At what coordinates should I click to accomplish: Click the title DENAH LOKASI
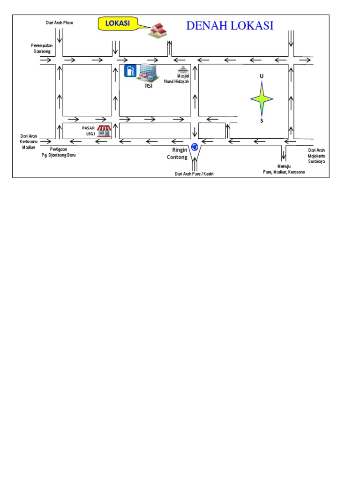tap(230, 26)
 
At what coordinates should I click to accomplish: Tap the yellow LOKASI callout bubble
tap(118, 23)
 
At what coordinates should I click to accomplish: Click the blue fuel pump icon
tap(130, 71)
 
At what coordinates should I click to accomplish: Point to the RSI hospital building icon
tap(148, 73)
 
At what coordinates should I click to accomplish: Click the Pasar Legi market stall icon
tap(104, 131)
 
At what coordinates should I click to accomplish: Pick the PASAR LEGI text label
tap(89, 130)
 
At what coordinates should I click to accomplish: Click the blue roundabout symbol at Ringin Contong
tap(195, 147)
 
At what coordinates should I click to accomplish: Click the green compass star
tap(262, 98)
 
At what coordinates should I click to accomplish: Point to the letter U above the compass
tap(262, 75)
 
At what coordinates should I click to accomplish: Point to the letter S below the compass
tap(262, 121)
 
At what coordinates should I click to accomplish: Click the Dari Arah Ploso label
tap(59, 22)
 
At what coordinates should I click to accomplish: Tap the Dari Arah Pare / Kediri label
tap(194, 174)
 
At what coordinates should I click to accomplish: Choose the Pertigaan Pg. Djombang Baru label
tap(58, 152)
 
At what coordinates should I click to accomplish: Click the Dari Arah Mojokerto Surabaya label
tap(316, 155)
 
